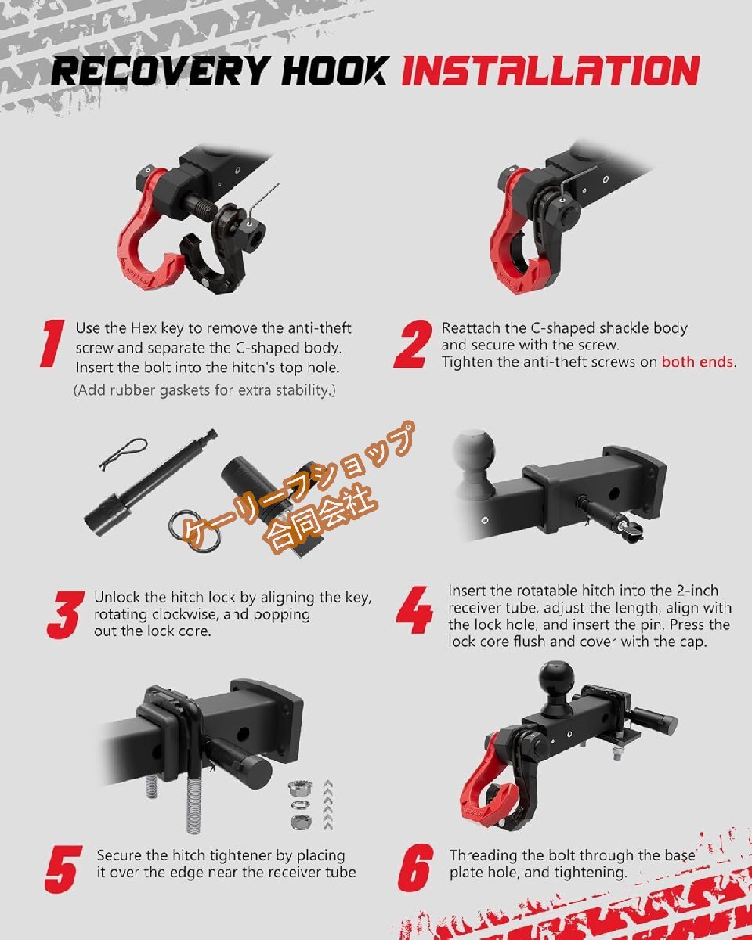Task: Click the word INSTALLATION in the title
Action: tap(551, 70)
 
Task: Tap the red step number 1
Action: tap(52, 343)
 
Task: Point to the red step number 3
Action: tap(66, 615)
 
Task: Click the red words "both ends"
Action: tap(697, 362)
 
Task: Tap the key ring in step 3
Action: tap(194, 532)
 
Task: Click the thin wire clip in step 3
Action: tap(123, 454)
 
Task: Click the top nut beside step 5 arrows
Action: tap(298, 788)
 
